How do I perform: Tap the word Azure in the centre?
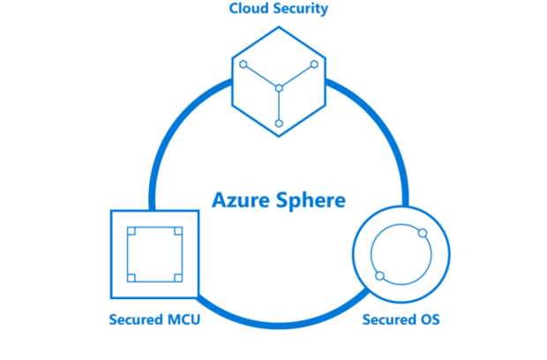coord(241,200)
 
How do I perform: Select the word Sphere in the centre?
coord(311,201)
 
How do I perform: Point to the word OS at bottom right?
coord(430,319)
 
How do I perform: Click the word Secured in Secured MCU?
coord(137,319)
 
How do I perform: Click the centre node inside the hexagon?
coord(279,88)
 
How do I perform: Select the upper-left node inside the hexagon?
coord(244,64)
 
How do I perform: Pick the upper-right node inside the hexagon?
coord(314,64)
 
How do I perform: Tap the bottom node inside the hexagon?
coord(279,124)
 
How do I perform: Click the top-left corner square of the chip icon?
coord(131,231)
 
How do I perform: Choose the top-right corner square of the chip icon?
coord(178,231)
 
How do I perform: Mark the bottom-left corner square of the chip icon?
coord(131,278)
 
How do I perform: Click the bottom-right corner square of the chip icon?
coord(178,278)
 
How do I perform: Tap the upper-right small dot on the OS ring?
coord(423,233)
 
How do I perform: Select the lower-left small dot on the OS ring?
coord(380,276)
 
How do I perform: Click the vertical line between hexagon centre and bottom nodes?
coord(279,106)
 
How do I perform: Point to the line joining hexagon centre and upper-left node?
coord(261,77)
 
